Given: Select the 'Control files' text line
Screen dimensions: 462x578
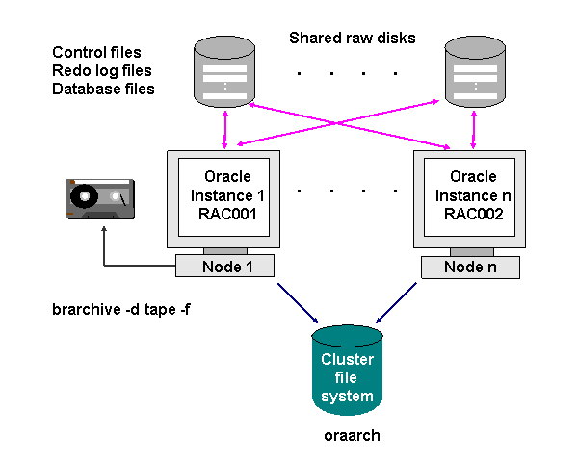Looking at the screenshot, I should click(x=96, y=52).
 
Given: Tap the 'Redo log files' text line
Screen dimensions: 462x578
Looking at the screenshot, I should click(x=102, y=70).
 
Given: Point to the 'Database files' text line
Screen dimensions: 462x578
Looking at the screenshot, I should click(x=103, y=89).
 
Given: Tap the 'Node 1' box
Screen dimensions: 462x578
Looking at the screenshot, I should click(x=225, y=267).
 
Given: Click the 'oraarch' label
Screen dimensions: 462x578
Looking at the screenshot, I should click(x=352, y=435).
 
